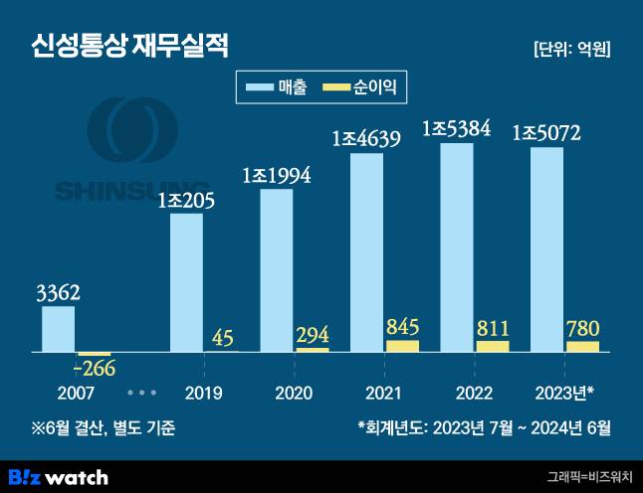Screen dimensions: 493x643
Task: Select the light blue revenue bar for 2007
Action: click(58, 329)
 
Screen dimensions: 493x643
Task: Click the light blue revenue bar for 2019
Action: click(186, 282)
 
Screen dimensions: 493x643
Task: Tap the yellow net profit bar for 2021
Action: click(402, 346)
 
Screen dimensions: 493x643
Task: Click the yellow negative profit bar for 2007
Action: click(95, 355)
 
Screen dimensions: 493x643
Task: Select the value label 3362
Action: click(58, 293)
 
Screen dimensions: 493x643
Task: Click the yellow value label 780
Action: click(583, 328)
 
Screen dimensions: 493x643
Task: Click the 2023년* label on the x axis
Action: click(564, 392)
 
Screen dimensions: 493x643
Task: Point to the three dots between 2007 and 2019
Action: click(140, 393)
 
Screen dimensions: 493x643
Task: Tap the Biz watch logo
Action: click(57, 477)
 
